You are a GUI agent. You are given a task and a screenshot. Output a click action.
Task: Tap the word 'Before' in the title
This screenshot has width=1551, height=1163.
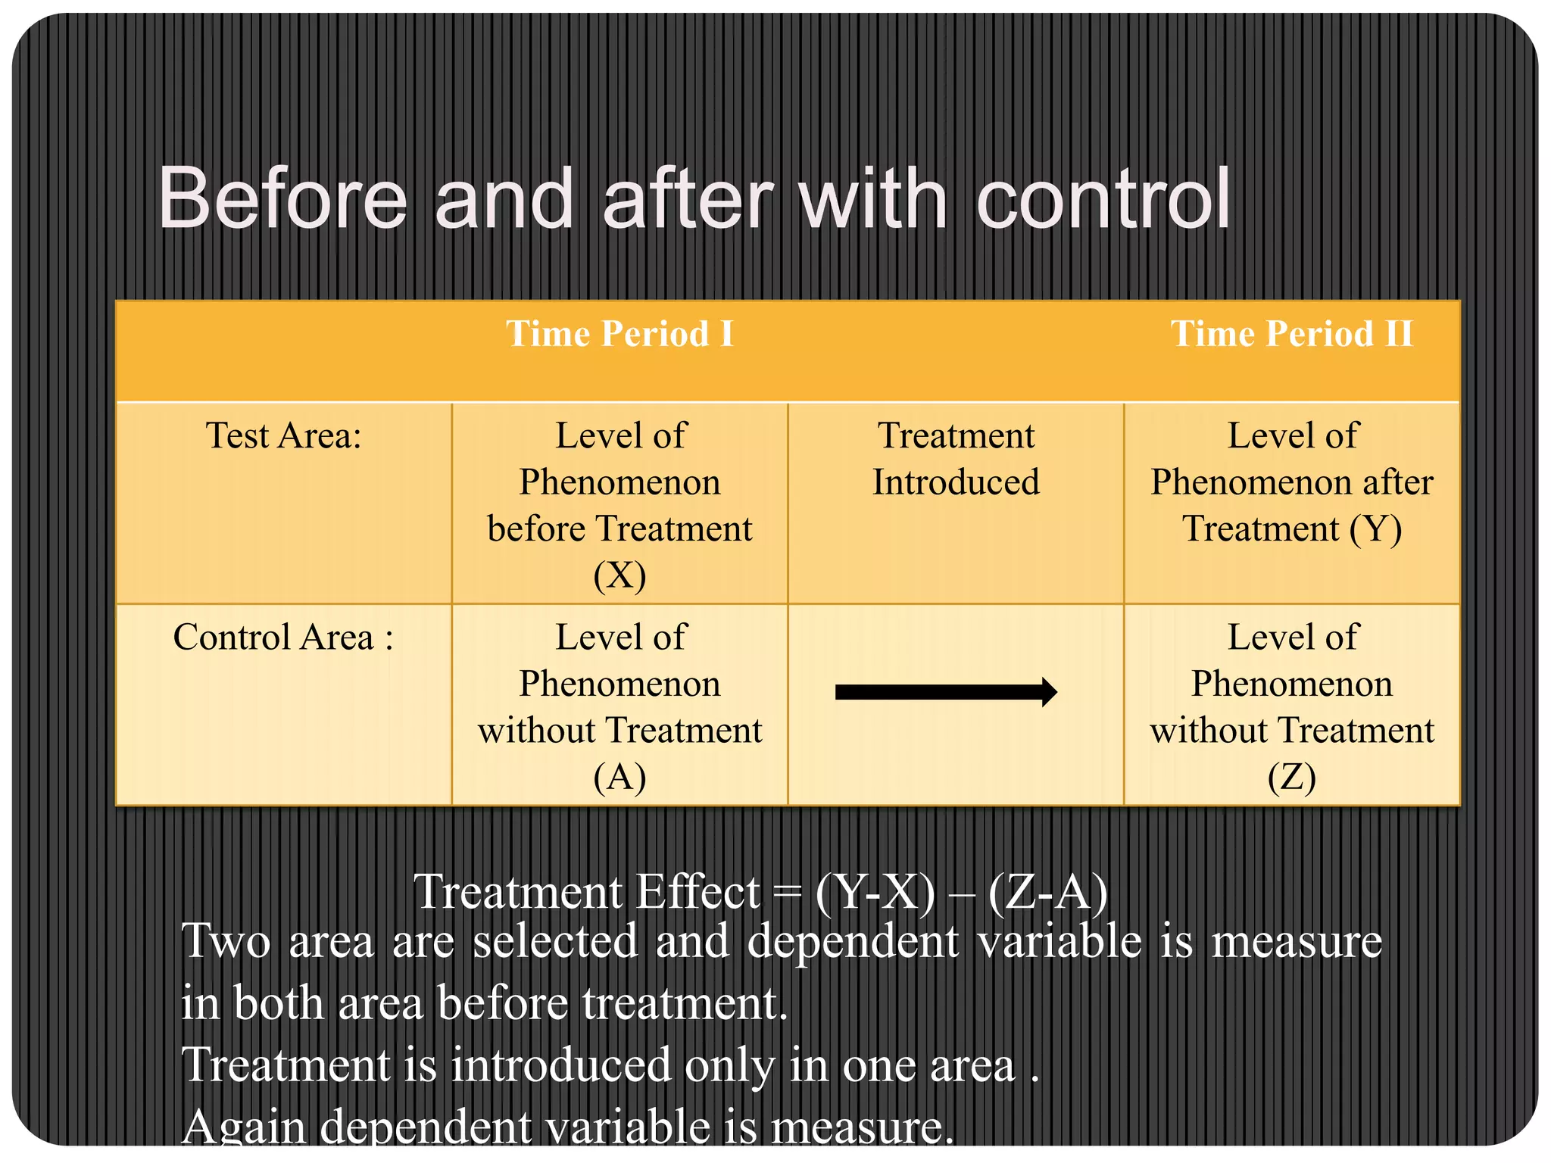(282, 200)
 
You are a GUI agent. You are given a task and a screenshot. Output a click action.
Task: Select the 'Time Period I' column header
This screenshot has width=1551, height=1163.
(619, 334)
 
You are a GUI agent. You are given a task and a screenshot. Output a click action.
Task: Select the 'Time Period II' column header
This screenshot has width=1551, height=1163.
(1291, 334)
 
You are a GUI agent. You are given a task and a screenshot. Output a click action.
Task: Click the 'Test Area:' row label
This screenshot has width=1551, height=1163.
(283, 436)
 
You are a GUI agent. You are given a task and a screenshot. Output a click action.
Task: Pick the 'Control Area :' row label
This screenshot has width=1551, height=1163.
(283, 638)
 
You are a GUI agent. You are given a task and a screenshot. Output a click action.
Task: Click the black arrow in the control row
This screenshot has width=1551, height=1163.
(946, 692)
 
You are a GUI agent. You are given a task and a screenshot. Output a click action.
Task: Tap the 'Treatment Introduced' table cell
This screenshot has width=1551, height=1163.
(956, 459)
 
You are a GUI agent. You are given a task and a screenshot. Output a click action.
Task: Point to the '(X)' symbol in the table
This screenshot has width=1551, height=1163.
(619, 575)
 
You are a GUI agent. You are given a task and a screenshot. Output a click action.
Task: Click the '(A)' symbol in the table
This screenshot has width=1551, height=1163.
(619, 777)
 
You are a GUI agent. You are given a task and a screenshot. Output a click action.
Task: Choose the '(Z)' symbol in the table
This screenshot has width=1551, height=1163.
(1291, 777)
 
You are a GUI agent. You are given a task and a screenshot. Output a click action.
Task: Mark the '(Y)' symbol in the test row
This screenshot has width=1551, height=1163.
(1375, 528)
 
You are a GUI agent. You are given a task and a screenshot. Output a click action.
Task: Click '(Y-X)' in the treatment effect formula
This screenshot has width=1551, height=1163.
(875, 893)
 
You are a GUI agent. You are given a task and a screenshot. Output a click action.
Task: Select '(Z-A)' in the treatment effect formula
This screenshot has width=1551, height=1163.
(1047, 893)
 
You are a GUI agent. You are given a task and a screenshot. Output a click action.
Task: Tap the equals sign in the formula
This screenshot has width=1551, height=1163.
(788, 894)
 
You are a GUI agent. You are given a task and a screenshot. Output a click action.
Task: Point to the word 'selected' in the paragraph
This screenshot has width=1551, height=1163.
(555, 941)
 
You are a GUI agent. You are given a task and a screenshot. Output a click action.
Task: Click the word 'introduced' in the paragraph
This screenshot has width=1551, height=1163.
(561, 1065)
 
